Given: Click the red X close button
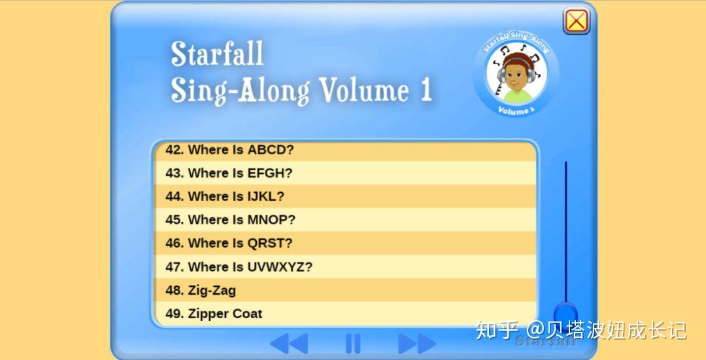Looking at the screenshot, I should pyautogui.click(x=576, y=21).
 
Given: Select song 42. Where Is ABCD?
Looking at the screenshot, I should pyautogui.click(x=229, y=150).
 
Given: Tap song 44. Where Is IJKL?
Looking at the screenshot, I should pyautogui.click(x=225, y=197).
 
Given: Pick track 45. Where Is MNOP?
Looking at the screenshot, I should pyautogui.click(x=230, y=220).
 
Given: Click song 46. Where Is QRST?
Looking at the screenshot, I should pyautogui.click(x=229, y=243).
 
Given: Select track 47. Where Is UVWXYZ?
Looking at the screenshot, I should pyautogui.click(x=239, y=267).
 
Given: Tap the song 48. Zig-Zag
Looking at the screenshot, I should pyautogui.click(x=201, y=290).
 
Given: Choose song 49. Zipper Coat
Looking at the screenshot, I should pyautogui.click(x=214, y=314).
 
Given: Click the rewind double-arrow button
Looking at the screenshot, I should pyautogui.click(x=288, y=343).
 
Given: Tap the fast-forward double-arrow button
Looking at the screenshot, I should pyautogui.click(x=416, y=343).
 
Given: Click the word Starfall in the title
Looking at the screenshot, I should pyautogui.click(x=217, y=54).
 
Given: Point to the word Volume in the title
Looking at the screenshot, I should pyautogui.click(x=363, y=90).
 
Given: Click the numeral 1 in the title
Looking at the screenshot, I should pyautogui.click(x=426, y=90).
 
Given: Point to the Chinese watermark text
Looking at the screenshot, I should pyautogui.click(x=581, y=330).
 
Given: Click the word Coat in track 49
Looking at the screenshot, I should pyautogui.click(x=247, y=314).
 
